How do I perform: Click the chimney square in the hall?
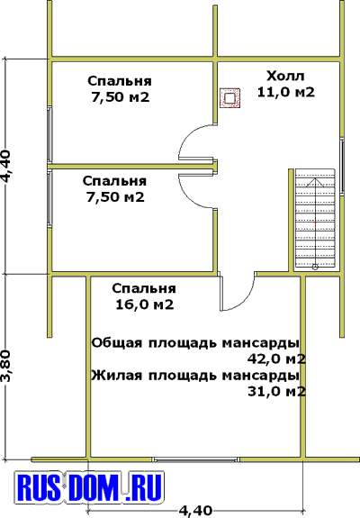pos(230,98)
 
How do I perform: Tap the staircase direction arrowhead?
pos(316,182)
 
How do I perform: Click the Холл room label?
pos(285,76)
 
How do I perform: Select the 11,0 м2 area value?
pos(286,92)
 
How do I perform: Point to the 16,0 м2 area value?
pos(145,304)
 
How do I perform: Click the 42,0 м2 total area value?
pos(276,359)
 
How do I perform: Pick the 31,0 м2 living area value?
pos(276,392)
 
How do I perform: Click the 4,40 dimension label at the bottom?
pos(195,511)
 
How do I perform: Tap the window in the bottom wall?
pos(195,459)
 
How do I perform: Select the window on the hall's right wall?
pos(342,166)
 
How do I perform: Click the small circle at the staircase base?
pos(315,267)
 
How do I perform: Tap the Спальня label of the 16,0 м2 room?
pos(144,288)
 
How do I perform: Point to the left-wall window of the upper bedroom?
pos(49,135)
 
